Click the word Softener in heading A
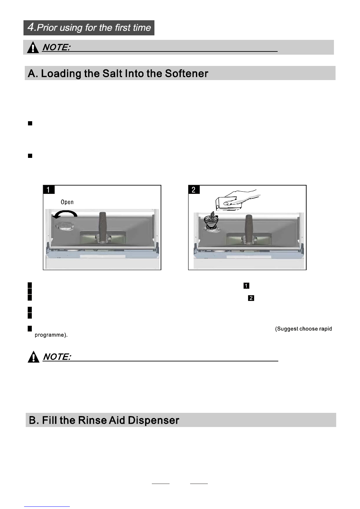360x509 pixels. coord(187,73)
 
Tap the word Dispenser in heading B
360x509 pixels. coord(153,420)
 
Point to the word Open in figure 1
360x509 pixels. coord(67,202)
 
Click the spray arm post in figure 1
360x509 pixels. coord(104,227)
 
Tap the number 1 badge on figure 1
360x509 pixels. coord(49,189)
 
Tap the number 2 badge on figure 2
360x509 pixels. coord(194,189)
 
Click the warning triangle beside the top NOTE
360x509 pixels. coord(33,47)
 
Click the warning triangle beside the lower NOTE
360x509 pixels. coord(33,357)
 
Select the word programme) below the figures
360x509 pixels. coord(51,335)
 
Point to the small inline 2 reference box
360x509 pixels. coord(251,298)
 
